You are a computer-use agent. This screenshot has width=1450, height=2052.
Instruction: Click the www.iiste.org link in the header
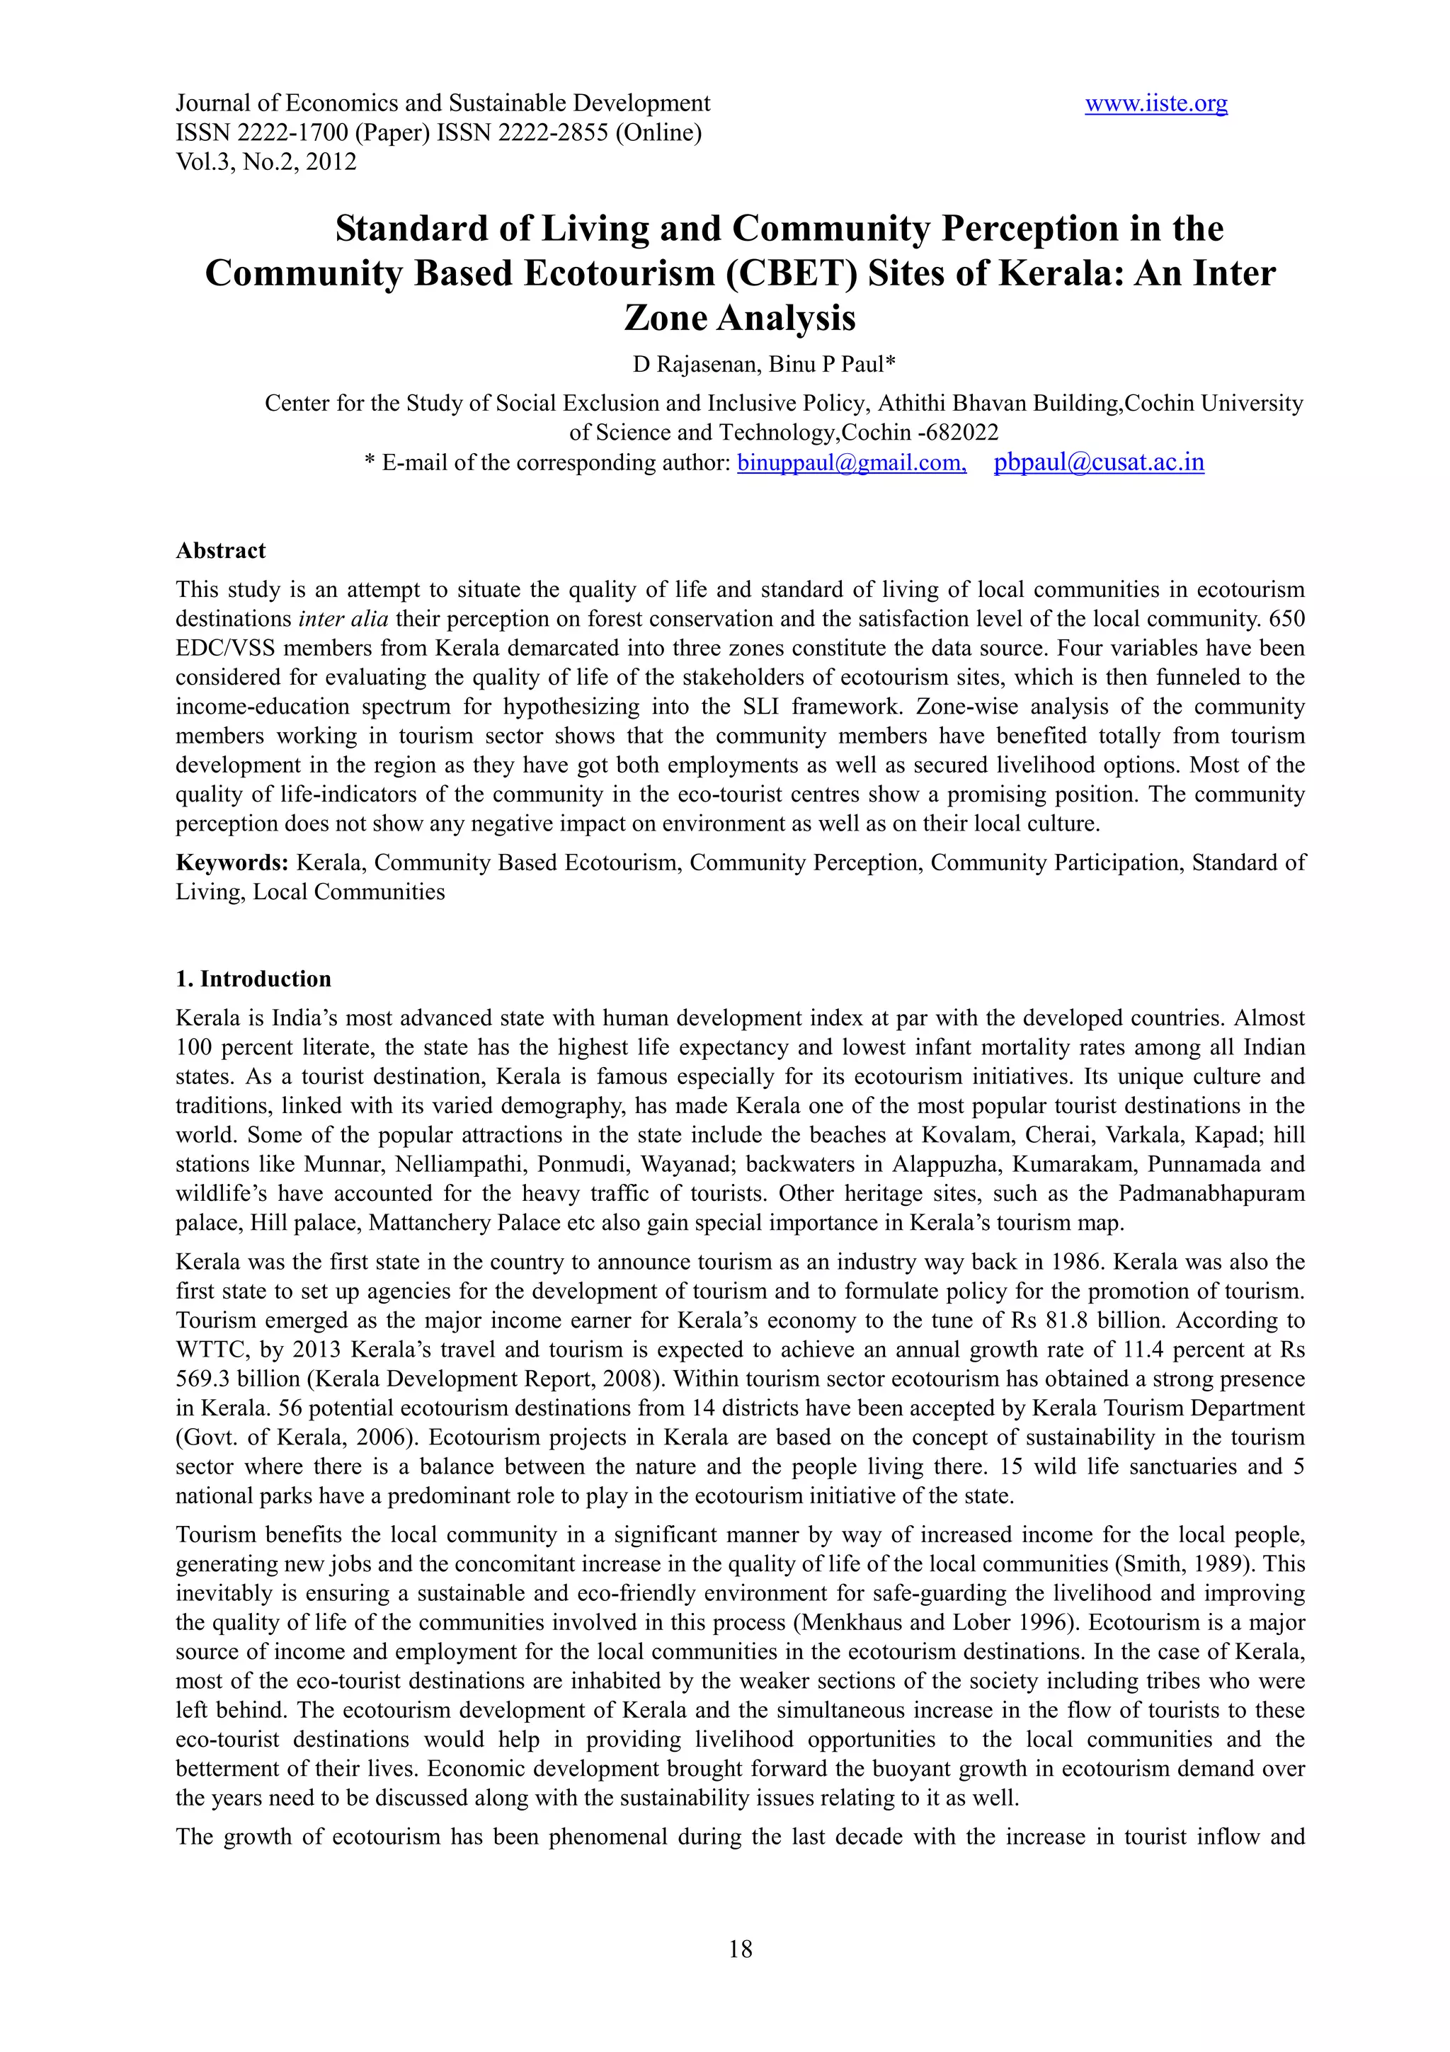point(1155,103)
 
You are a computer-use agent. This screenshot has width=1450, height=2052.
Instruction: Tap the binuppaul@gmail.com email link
point(850,463)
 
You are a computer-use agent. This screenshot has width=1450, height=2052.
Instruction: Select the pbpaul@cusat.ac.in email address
point(1098,463)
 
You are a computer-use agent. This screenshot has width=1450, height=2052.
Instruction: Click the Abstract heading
point(221,551)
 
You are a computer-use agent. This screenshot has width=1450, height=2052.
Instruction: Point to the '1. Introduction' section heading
point(253,979)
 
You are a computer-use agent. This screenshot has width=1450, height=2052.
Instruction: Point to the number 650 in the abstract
point(1286,620)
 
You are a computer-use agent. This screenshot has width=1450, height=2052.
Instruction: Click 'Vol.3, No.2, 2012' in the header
point(266,163)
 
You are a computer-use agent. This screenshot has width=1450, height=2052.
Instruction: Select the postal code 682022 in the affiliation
point(962,433)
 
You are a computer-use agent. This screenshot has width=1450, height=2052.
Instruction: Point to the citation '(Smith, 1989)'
point(1181,1564)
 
